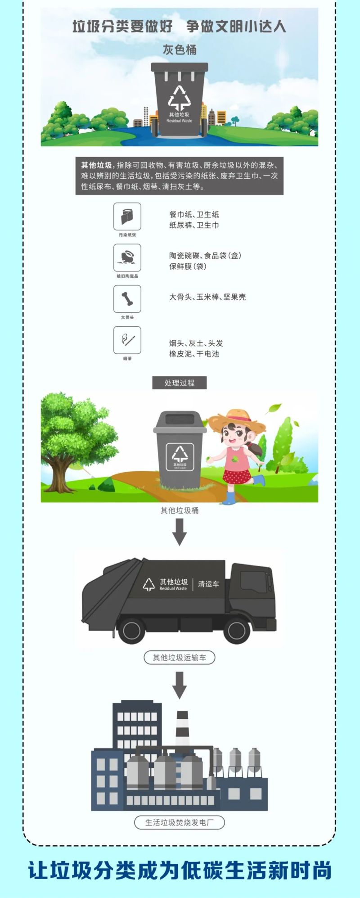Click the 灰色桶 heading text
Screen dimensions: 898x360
pos(180,50)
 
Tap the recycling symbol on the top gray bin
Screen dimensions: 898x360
pos(179,97)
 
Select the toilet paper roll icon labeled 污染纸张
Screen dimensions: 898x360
pos(127,217)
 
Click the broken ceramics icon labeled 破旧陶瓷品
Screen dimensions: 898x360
pos(127,257)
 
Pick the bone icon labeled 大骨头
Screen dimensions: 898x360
pos(127,299)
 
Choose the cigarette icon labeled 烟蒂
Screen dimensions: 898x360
pos(127,340)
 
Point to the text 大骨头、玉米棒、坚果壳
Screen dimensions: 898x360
pos(207,297)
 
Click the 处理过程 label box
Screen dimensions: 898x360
pos(180,383)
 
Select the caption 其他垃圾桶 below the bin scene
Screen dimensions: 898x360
pos(180,510)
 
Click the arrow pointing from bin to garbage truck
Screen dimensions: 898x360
pos(180,532)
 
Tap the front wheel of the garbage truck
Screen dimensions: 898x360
pos(237,630)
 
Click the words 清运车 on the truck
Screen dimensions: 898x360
pos(208,584)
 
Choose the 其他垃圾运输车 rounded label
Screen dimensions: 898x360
pos(180,658)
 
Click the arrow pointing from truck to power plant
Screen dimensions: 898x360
pos(180,685)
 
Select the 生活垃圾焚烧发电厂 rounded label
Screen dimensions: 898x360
pos(180,822)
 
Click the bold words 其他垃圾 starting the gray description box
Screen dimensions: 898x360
pos(96,165)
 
